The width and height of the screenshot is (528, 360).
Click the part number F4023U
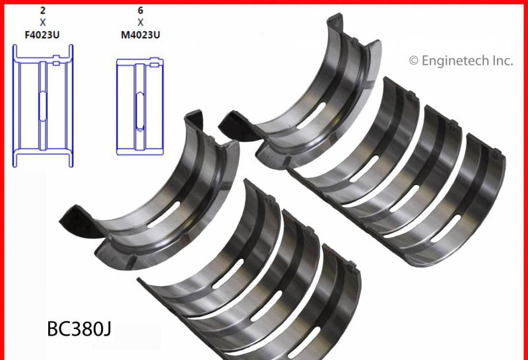coord(42,35)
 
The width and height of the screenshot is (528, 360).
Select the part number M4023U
coord(141,35)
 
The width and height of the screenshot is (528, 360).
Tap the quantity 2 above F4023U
coord(42,11)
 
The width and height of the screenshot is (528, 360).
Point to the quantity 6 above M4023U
coord(141,11)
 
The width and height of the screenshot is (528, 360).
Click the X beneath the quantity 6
coord(141,22)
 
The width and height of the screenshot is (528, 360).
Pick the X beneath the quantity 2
coord(42,22)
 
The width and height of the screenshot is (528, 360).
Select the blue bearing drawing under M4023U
coord(117,106)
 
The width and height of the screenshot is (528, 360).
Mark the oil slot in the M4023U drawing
coord(140,110)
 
